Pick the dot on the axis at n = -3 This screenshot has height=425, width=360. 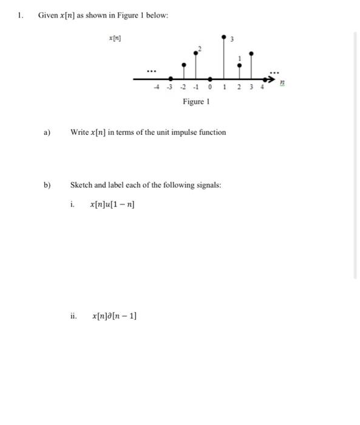[171, 78]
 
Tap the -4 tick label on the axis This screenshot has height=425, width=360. [157, 87]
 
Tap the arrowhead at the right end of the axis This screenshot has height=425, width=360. [270, 78]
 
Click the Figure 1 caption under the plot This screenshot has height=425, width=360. [195, 101]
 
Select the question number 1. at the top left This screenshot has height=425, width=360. [20, 15]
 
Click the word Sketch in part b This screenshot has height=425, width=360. [82, 185]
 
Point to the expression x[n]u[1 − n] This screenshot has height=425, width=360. [112, 205]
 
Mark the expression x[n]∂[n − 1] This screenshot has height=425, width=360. [114, 316]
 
